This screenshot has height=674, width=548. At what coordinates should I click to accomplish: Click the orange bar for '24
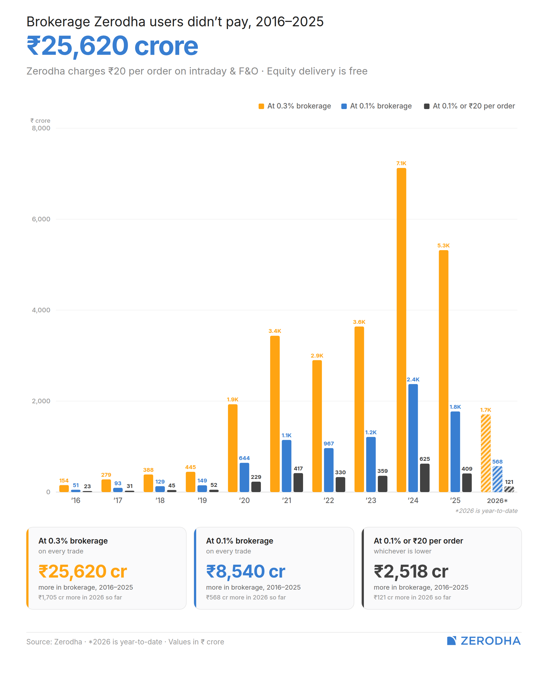click(x=401, y=330)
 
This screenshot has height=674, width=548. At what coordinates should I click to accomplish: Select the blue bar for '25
click(x=455, y=452)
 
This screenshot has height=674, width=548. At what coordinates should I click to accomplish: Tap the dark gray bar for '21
click(x=298, y=482)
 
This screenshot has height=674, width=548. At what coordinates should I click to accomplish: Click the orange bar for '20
click(x=233, y=448)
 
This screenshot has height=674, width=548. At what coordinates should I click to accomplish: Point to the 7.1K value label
click(x=401, y=163)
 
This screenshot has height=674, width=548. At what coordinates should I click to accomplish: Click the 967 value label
click(x=329, y=444)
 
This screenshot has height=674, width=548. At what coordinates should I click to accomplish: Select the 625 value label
click(x=425, y=459)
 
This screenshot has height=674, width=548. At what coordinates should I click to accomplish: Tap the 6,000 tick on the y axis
click(x=41, y=219)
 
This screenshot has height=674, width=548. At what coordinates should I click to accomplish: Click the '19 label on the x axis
click(x=202, y=500)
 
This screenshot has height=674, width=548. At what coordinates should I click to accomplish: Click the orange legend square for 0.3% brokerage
click(x=261, y=106)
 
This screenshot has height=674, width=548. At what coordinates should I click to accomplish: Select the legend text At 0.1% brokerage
click(x=381, y=106)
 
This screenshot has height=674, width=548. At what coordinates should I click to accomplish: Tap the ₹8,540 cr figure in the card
click(x=246, y=572)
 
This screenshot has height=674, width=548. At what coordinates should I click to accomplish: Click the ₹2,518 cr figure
click(x=411, y=572)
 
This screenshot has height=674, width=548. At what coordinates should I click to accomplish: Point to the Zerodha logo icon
click(x=451, y=641)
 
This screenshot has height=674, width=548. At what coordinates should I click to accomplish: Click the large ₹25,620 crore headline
click(x=113, y=46)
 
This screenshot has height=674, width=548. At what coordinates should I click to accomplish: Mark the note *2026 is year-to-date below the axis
click(x=486, y=511)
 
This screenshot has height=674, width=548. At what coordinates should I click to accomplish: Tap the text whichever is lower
click(x=403, y=551)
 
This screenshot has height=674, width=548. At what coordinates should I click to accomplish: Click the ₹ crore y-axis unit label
click(x=40, y=121)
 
